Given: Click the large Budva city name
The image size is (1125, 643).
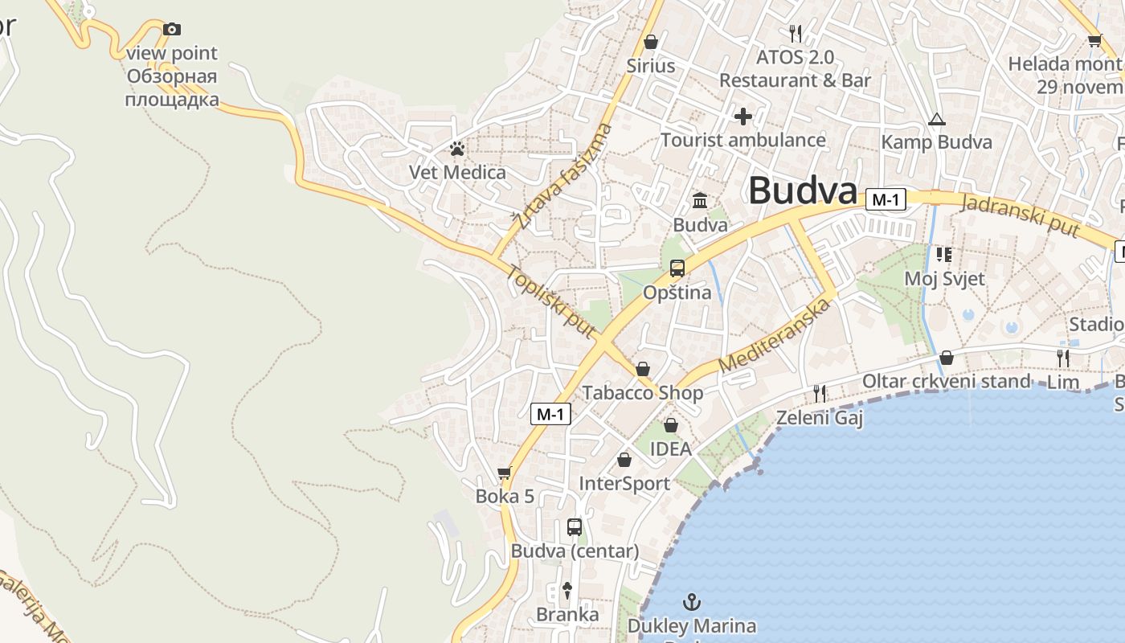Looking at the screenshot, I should coord(803,191).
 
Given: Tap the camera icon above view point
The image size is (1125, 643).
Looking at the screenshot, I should coord(172,30).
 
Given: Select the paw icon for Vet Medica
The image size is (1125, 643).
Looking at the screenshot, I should coord(457,149).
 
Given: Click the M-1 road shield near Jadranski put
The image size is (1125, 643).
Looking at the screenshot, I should coord(886,200).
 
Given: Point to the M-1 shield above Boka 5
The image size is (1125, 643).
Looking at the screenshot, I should coord(551,414).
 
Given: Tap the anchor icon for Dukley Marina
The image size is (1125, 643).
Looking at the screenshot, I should coord(691,601).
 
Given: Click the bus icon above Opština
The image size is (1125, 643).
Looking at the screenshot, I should coord(677,268).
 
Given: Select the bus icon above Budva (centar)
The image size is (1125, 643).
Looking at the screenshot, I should coord(575,527).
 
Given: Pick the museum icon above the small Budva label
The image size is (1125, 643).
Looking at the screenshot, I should coord(700,200).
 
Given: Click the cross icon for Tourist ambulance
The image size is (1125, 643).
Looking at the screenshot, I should coord(743,117).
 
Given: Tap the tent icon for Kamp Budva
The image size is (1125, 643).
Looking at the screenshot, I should coord(936,120).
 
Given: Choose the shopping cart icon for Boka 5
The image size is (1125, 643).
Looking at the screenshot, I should coord(505,473).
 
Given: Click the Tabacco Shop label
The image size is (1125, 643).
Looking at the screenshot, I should coord(643,393).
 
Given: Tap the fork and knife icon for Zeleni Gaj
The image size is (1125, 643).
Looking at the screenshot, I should coord(820,393).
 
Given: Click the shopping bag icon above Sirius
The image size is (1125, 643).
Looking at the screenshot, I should coord(651,42).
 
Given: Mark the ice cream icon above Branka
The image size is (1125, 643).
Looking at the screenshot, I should coord(567,590).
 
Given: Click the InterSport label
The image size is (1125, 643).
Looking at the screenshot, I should coord(624,484).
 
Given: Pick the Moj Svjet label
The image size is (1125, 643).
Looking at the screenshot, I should coord(944,279).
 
